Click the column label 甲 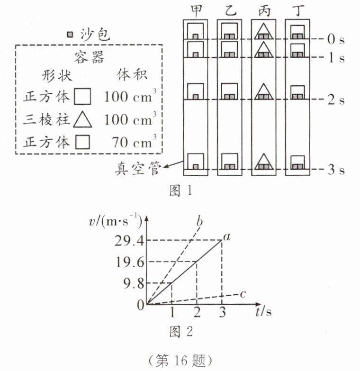pos(196,10)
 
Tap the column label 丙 pos(264,10)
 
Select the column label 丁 pos(297,10)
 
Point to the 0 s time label pos(336,39)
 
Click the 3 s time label pos(336,170)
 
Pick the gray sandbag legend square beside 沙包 pos(70,35)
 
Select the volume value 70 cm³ pos(134,142)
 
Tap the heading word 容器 pos(89,57)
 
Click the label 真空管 pos(138,169)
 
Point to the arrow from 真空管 pos(174,164)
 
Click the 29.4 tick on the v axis pos(129,241)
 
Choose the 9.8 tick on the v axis pos(134,283)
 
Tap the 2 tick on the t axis pos(197,312)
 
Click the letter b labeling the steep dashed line pos(199,221)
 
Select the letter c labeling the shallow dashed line pos(243,294)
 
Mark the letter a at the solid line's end pos(227,236)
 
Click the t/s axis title pos(263,312)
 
